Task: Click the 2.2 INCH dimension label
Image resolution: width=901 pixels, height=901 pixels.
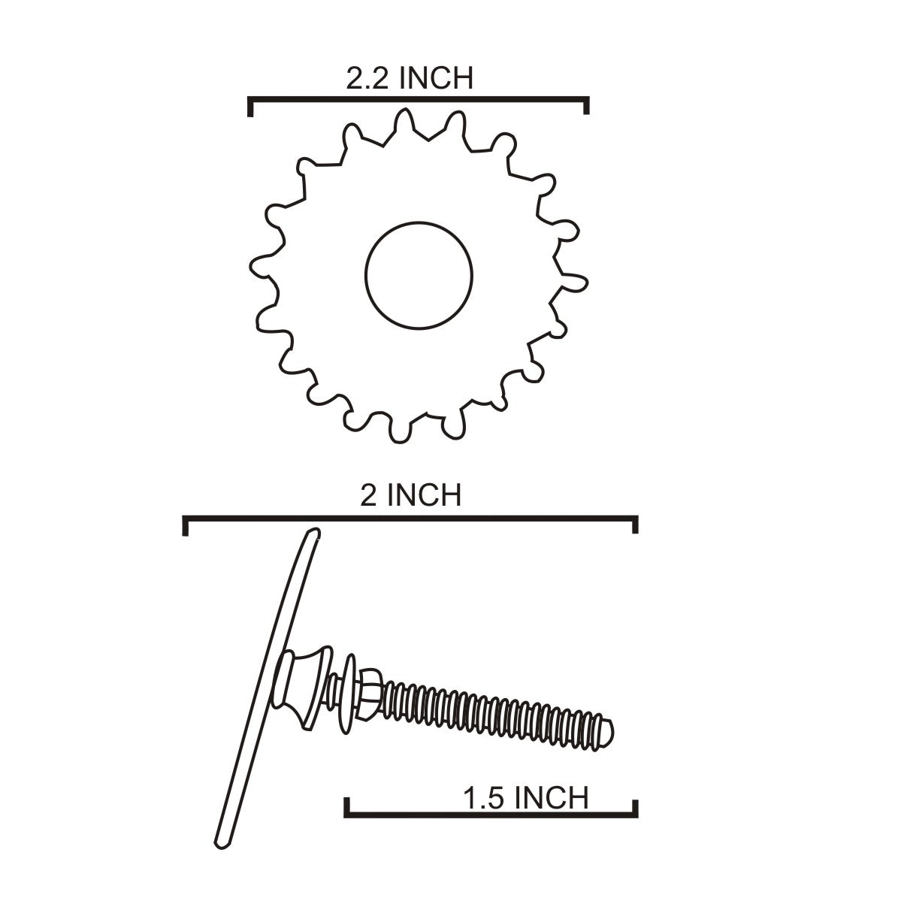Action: [x=410, y=79]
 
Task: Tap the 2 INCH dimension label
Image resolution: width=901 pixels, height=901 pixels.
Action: [x=411, y=495]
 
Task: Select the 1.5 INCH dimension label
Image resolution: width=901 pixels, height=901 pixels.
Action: [x=526, y=798]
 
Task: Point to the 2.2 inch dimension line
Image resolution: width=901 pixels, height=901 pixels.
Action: [x=419, y=99]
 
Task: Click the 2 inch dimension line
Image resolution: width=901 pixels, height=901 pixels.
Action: [x=410, y=519]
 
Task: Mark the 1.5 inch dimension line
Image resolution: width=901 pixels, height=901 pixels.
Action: [x=491, y=815]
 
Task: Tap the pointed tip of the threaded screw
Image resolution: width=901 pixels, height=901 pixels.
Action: [x=612, y=733]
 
